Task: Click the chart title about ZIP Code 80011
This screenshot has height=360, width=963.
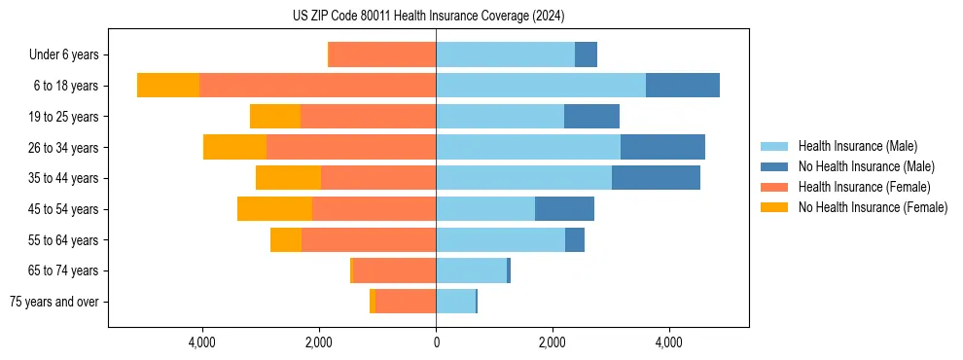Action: (428, 16)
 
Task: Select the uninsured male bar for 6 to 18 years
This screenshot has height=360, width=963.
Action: (682, 86)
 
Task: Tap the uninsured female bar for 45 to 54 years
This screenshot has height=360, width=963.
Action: (274, 209)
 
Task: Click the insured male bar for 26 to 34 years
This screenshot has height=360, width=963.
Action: (528, 148)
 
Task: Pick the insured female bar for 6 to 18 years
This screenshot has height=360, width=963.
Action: (317, 86)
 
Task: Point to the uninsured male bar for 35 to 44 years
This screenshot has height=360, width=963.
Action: (656, 178)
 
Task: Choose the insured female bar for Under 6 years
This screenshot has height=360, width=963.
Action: (382, 54)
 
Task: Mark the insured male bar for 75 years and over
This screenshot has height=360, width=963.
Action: (455, 302)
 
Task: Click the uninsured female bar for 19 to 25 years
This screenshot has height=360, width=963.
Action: (275, 117)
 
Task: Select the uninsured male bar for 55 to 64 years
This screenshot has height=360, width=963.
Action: (575, 240)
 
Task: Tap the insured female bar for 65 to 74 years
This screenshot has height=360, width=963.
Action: (394, 270)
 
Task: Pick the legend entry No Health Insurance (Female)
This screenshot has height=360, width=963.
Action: (873, 207)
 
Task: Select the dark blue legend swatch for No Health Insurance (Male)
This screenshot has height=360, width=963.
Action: (775, 166)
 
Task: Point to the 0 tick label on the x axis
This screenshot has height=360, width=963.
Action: (436, 342)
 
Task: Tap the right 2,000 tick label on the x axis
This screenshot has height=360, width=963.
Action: (553, 342)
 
